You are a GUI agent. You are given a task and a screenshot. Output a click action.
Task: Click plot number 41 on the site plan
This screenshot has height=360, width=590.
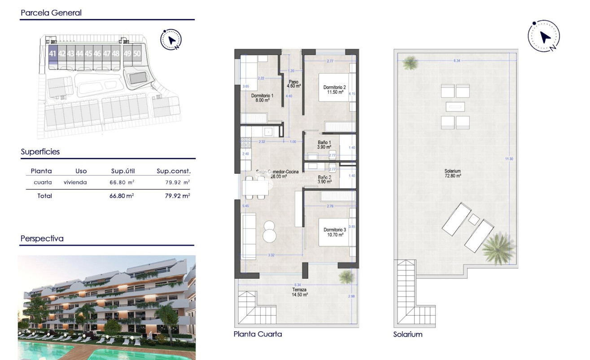tap(52, 54)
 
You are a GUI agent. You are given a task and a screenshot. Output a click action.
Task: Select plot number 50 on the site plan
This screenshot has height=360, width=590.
tap(137, 54)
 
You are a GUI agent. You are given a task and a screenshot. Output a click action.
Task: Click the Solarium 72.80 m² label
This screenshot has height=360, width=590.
tap(453, 173)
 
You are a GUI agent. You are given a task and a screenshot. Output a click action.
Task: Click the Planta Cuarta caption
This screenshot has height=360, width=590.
tap(258, 334)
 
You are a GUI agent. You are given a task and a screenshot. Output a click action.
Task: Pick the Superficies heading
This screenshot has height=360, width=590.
tap(40, 152)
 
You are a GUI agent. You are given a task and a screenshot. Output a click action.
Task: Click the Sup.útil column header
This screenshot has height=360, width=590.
tap(123, 171)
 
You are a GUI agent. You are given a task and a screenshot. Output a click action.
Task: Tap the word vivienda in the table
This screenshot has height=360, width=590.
tap(75, 182)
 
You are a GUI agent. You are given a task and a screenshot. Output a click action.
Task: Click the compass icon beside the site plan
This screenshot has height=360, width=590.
tap(171, 40)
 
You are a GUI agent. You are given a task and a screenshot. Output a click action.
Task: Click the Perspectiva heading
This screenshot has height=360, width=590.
tap(42, 238)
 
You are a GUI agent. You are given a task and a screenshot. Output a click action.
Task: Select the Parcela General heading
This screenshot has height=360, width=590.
tap(51, 13)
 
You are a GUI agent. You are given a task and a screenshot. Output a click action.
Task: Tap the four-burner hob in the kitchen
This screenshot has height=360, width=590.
tap(246, 143)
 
